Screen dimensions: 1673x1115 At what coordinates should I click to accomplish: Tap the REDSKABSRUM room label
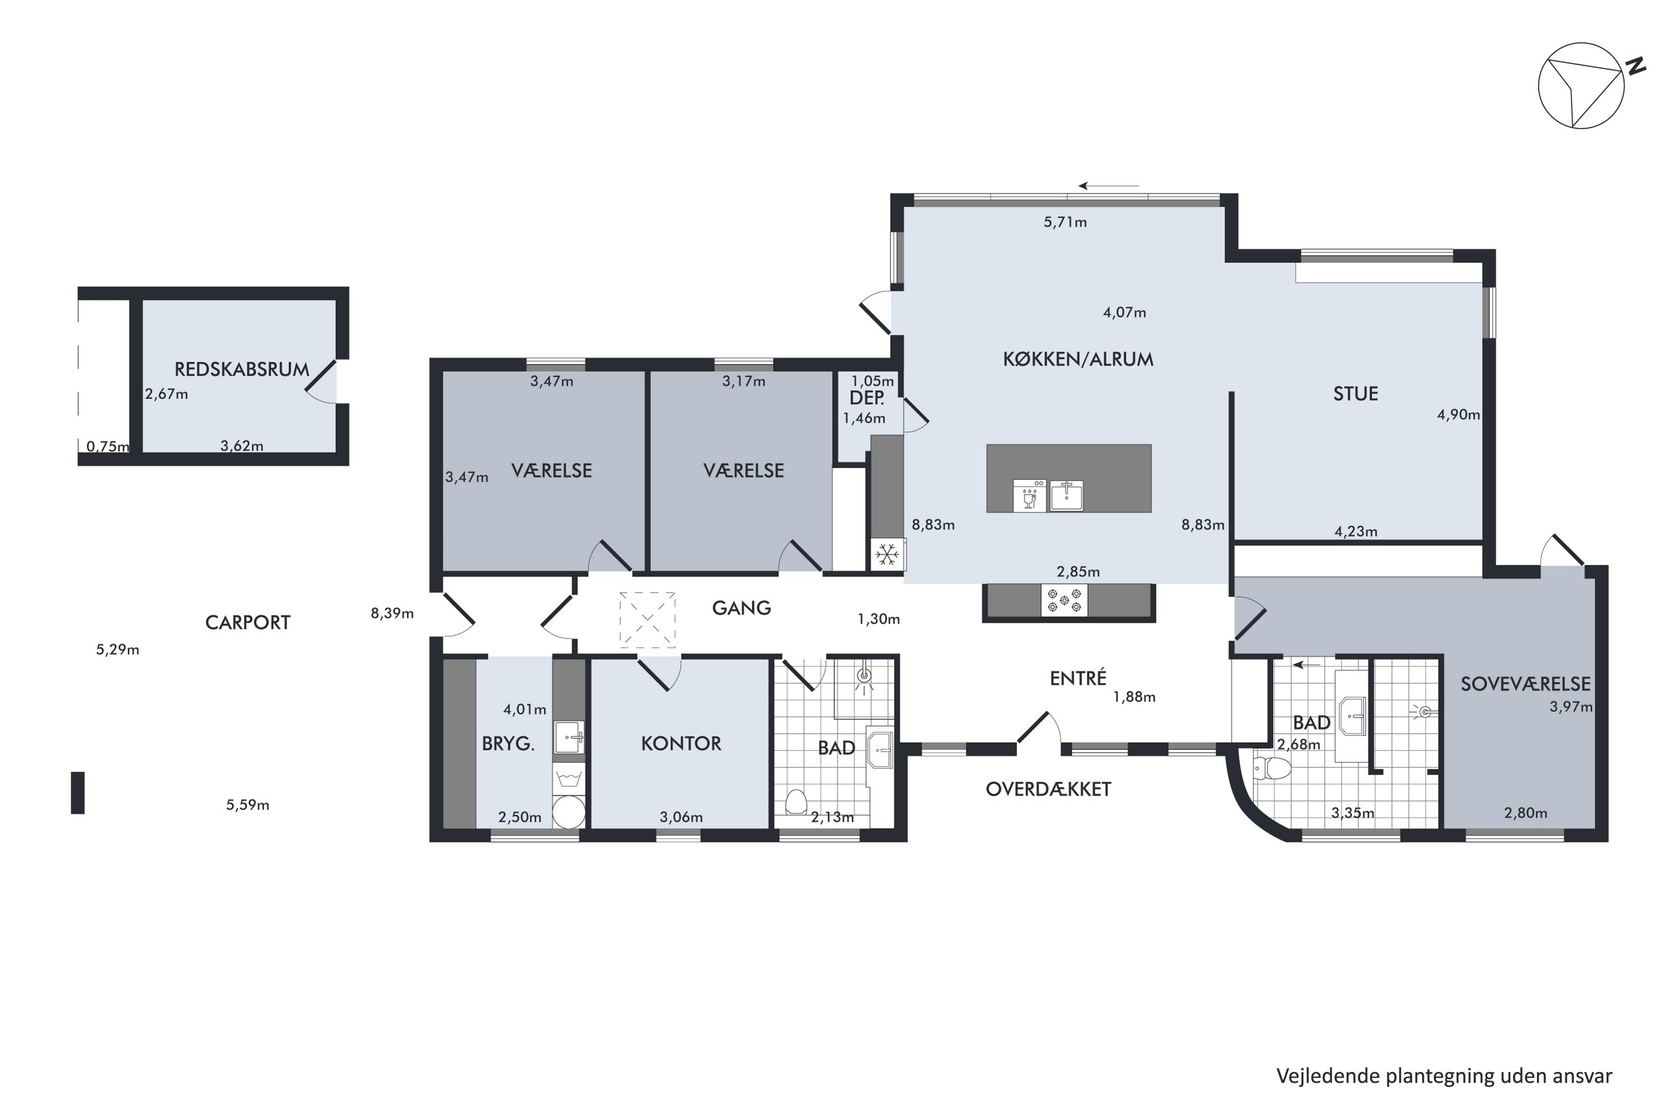242,369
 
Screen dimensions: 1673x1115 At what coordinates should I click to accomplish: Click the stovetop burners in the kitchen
1064,600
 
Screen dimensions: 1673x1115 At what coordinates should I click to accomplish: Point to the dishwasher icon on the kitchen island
1029,495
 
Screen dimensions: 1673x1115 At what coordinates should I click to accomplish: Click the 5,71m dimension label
1065,222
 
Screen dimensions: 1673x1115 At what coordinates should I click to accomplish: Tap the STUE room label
1355,394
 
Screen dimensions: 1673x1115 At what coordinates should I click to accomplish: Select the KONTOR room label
681,744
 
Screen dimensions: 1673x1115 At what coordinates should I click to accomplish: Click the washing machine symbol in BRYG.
568,779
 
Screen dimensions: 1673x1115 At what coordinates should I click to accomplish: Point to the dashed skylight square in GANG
647,620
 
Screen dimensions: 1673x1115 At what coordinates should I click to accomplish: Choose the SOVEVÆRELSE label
1525,684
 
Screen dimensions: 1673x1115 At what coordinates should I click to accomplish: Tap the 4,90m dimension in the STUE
1458,415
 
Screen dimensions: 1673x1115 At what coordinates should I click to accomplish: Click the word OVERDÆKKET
1048,789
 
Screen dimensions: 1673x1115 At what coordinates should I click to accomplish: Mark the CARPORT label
248,623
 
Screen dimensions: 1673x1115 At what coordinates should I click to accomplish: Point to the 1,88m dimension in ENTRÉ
1134,697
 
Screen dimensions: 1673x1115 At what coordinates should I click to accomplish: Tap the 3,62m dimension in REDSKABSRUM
242,447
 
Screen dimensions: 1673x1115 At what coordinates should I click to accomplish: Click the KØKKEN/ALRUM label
1077,359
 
